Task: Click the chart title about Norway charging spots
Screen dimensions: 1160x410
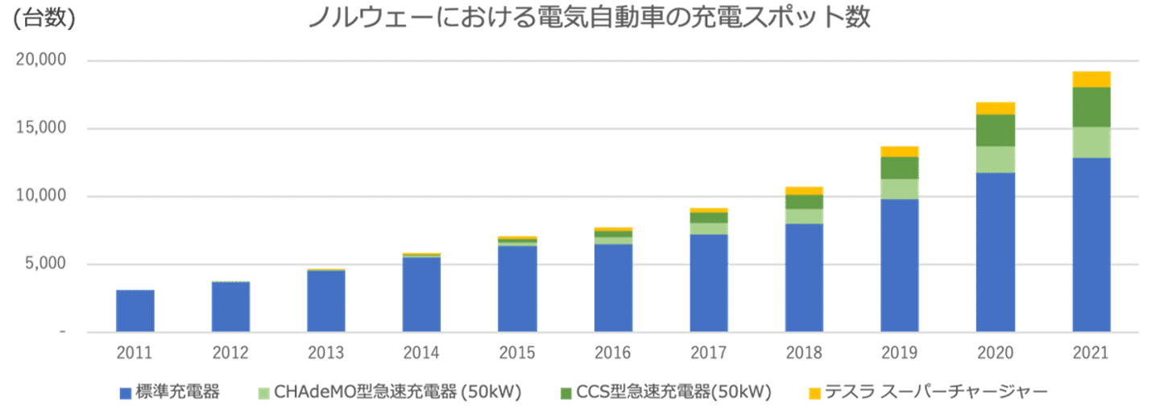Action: click(589, 17)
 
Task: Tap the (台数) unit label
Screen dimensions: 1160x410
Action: click(44, 18)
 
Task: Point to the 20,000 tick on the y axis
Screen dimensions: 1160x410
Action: click(41, 60)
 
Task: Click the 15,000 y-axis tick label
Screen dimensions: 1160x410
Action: click(41, 127)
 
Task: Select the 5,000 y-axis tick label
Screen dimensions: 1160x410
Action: click(46, 263)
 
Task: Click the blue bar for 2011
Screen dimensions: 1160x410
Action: click(135, 311)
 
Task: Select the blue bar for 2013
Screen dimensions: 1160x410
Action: click(326, 300)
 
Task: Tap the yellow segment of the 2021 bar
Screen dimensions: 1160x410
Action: click(1092, 79)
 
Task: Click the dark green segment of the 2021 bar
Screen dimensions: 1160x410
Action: click(1092, 107)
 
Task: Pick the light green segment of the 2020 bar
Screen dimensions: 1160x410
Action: click(996, 159)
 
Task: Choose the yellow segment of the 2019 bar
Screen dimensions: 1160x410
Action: click(900, 151)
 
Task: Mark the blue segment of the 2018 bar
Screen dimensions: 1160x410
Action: click(804, 277)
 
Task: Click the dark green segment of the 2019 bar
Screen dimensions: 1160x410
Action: click(900, 168)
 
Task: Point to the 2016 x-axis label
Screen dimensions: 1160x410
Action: click(612, 353)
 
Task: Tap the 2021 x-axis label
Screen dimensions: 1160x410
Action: click(1091, 353)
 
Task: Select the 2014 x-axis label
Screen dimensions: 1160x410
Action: click(421, 353)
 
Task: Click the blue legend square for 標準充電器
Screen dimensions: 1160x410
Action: click(126, 393)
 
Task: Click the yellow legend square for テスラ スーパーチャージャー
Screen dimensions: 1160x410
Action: click(814, 393)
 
